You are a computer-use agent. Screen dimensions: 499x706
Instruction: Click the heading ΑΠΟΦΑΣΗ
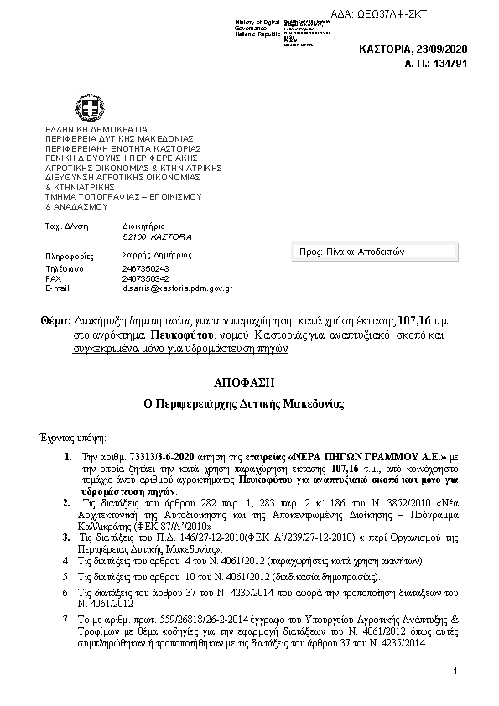pos(249,382)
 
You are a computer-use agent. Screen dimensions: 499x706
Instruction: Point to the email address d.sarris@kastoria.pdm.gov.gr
pos(177,288)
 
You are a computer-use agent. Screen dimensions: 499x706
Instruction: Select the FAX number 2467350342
pos(145,278)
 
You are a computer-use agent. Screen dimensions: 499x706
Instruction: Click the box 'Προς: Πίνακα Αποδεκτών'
pos(376,252)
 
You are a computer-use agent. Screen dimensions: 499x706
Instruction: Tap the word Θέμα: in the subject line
pos(55,321)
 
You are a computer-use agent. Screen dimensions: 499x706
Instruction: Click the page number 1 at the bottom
pos(454,672)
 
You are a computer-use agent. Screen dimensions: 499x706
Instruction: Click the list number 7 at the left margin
pos(65,618)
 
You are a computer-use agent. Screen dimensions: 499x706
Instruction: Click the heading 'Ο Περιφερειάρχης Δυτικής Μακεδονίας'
pos(249,403)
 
